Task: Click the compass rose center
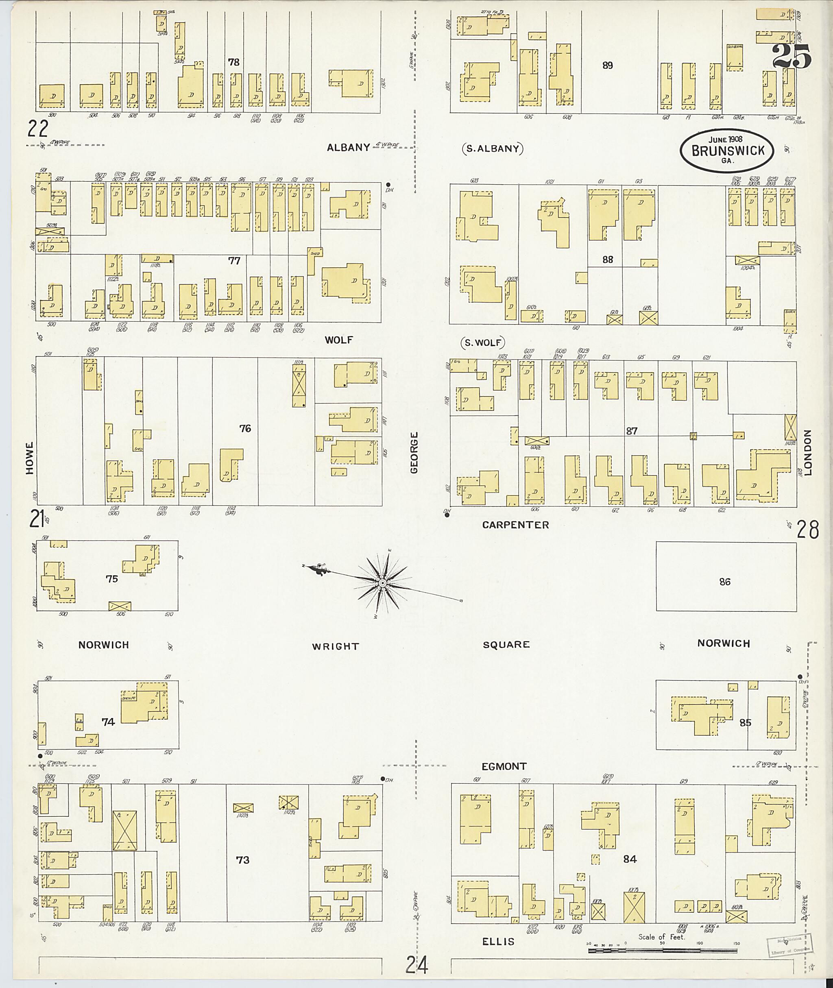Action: (382, 584)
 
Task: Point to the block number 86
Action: (725, 582)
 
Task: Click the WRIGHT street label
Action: (335, 646)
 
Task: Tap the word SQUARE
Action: (506, 645)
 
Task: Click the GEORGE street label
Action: (414, 452)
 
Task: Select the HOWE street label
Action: (30, 458)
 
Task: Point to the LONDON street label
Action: (807, 452)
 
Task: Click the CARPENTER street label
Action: (515, 525)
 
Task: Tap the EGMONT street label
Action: (504, 766)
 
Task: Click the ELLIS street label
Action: (498, 942)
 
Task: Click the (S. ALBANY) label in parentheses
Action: (493, 149)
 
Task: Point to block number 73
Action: (242, 860)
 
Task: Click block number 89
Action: (607, 65)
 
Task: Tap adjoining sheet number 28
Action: (807, 530)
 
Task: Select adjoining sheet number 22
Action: (38, 128)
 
